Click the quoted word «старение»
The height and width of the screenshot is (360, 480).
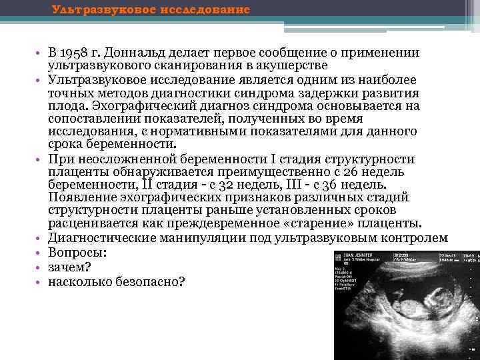[349, 222]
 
